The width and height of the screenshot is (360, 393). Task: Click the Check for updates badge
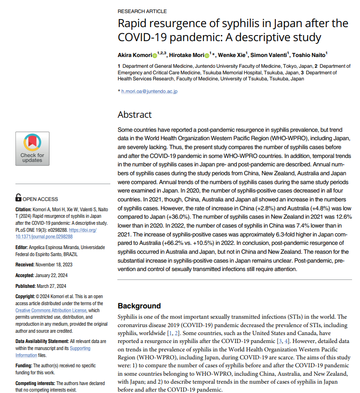point(32,149)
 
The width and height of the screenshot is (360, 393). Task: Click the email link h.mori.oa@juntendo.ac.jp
point(150,91)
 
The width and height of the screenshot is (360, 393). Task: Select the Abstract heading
point(135,114)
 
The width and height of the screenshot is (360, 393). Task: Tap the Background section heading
point(139,306)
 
